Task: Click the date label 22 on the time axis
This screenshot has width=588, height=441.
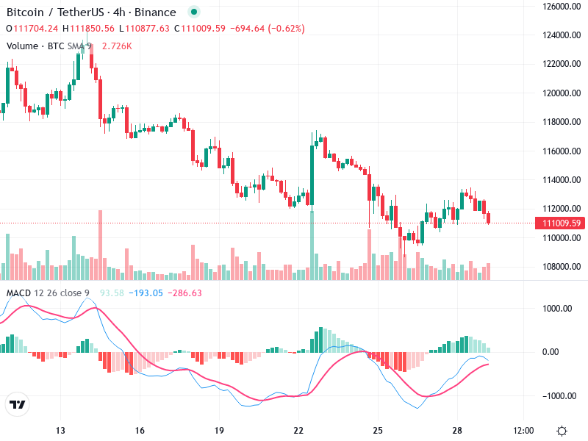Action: tap(298, 430)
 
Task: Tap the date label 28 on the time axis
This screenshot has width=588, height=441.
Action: tap(457, 430)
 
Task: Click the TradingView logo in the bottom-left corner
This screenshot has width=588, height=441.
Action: tap(17, 405)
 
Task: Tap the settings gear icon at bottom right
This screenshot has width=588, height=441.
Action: tap(562, 430)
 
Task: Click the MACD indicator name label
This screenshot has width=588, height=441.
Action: tap(20, 293)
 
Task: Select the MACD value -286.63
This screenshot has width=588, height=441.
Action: tap(185, 293)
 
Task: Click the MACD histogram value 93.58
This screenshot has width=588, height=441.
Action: tap(112, 293)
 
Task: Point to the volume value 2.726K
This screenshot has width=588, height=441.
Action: tap(117, 46)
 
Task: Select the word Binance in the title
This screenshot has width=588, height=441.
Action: tap(155, 12)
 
